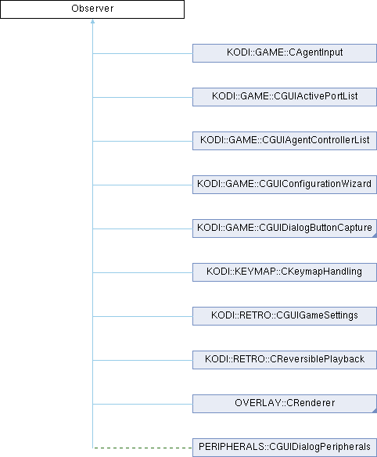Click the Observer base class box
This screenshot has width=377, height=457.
[x=92, y=9]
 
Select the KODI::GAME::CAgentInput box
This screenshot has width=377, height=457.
[x=285, y=53]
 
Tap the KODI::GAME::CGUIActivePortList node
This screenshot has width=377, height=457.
[x=285, y=97]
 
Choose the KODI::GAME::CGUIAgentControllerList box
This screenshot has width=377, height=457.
[x=285, y=141]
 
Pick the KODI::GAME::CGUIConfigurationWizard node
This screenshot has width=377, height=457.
[x=285, y=185]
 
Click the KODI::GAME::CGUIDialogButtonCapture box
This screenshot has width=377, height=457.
[x=285, y=228]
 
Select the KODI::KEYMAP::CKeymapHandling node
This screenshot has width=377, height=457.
[x=285, y=272]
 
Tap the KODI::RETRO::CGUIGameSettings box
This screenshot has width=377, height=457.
[x=285, y=316]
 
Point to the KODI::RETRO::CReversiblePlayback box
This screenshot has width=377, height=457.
[x=285, y=360]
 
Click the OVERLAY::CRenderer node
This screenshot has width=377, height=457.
[x=285, y=404]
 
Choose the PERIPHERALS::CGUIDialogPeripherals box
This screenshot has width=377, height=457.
[x=285, y=448]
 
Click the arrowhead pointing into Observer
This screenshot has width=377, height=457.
[x=92, y=21]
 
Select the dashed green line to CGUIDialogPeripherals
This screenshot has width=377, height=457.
[x=142, y=448]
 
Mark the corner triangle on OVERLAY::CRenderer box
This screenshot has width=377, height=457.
[x=375, y=411]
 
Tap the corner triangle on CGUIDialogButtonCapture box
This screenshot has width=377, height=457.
[x=375, y=236]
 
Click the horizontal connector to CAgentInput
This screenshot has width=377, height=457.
[x=142, y=53]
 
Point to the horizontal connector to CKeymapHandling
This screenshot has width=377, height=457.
[x=142, y=272]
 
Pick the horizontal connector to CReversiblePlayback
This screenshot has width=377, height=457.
[x=142, y=360]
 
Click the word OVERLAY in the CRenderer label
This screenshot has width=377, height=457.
[x=257, y=403]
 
